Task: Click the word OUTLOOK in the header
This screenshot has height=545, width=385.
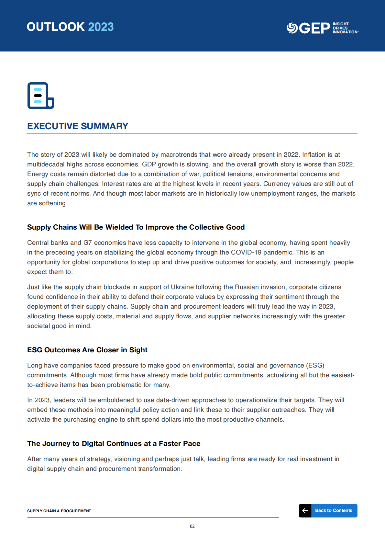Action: click(56, 27)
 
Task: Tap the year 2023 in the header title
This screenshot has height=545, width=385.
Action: click(101, 27)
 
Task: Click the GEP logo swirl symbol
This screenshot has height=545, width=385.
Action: click(292, 28)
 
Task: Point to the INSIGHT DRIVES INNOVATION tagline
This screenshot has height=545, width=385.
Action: click(345, 28)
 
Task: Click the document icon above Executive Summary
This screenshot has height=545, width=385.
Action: click(40, 96)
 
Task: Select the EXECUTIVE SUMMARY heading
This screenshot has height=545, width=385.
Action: click(78, 126)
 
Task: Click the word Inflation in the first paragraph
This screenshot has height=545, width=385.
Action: click(313, 155)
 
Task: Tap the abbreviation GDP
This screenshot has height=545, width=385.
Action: click(149, 165)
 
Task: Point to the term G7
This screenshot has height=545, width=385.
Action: click(88, 243)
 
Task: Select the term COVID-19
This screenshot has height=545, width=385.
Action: click(246, 253)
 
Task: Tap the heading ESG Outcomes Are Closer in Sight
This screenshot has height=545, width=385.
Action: click(87, 350)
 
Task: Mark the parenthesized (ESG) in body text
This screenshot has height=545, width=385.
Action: click(315, 366)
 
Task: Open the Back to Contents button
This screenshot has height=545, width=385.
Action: click(334, 511)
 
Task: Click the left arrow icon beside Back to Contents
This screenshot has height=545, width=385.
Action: click(305, 511)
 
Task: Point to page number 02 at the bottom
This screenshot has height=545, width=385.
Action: click(192, 527)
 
